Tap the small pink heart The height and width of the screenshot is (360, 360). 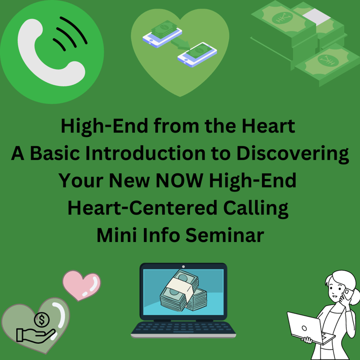click(x=82, y=285)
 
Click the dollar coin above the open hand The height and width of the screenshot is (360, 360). click(x=42, y=320)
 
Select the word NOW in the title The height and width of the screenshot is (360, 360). click(x=180, y=180)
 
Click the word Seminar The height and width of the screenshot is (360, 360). click(x=225, y=235)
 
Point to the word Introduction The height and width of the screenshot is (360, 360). click(x=145, y=153)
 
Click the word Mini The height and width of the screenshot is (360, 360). click(x=116, y=235)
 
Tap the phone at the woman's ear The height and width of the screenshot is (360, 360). click(x=348, y=294)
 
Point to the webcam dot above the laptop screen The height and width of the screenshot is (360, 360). click(x=183, y=266)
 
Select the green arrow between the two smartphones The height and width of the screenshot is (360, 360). click(x=180, y=43)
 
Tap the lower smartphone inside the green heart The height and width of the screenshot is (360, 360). click(x=197, y=55)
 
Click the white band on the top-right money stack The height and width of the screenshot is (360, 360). click(x=316, y=15)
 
